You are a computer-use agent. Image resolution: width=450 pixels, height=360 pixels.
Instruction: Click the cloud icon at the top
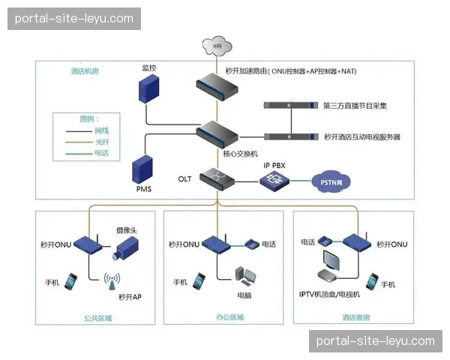pos(217,46)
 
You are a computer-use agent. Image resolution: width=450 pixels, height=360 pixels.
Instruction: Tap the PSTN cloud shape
pos(331,181)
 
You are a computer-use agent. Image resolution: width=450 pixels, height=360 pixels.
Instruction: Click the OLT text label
pos(185,179)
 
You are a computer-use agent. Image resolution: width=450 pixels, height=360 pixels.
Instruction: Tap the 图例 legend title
pos(88,118)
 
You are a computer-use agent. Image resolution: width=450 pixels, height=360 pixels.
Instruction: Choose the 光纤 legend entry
pos(101,141)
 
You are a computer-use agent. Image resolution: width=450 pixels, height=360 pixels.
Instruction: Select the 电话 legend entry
pos(101,152)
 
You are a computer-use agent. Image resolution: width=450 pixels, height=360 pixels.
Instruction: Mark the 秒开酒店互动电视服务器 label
pos(362,136)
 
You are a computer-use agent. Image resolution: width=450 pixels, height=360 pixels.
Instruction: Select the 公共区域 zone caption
pos(98,317)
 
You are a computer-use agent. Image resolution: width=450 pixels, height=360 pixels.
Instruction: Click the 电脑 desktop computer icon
pos(244,276)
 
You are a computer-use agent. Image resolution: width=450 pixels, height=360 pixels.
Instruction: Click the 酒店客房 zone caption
pos(353,317)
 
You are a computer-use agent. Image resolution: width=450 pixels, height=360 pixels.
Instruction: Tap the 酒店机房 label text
pos(85,71)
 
